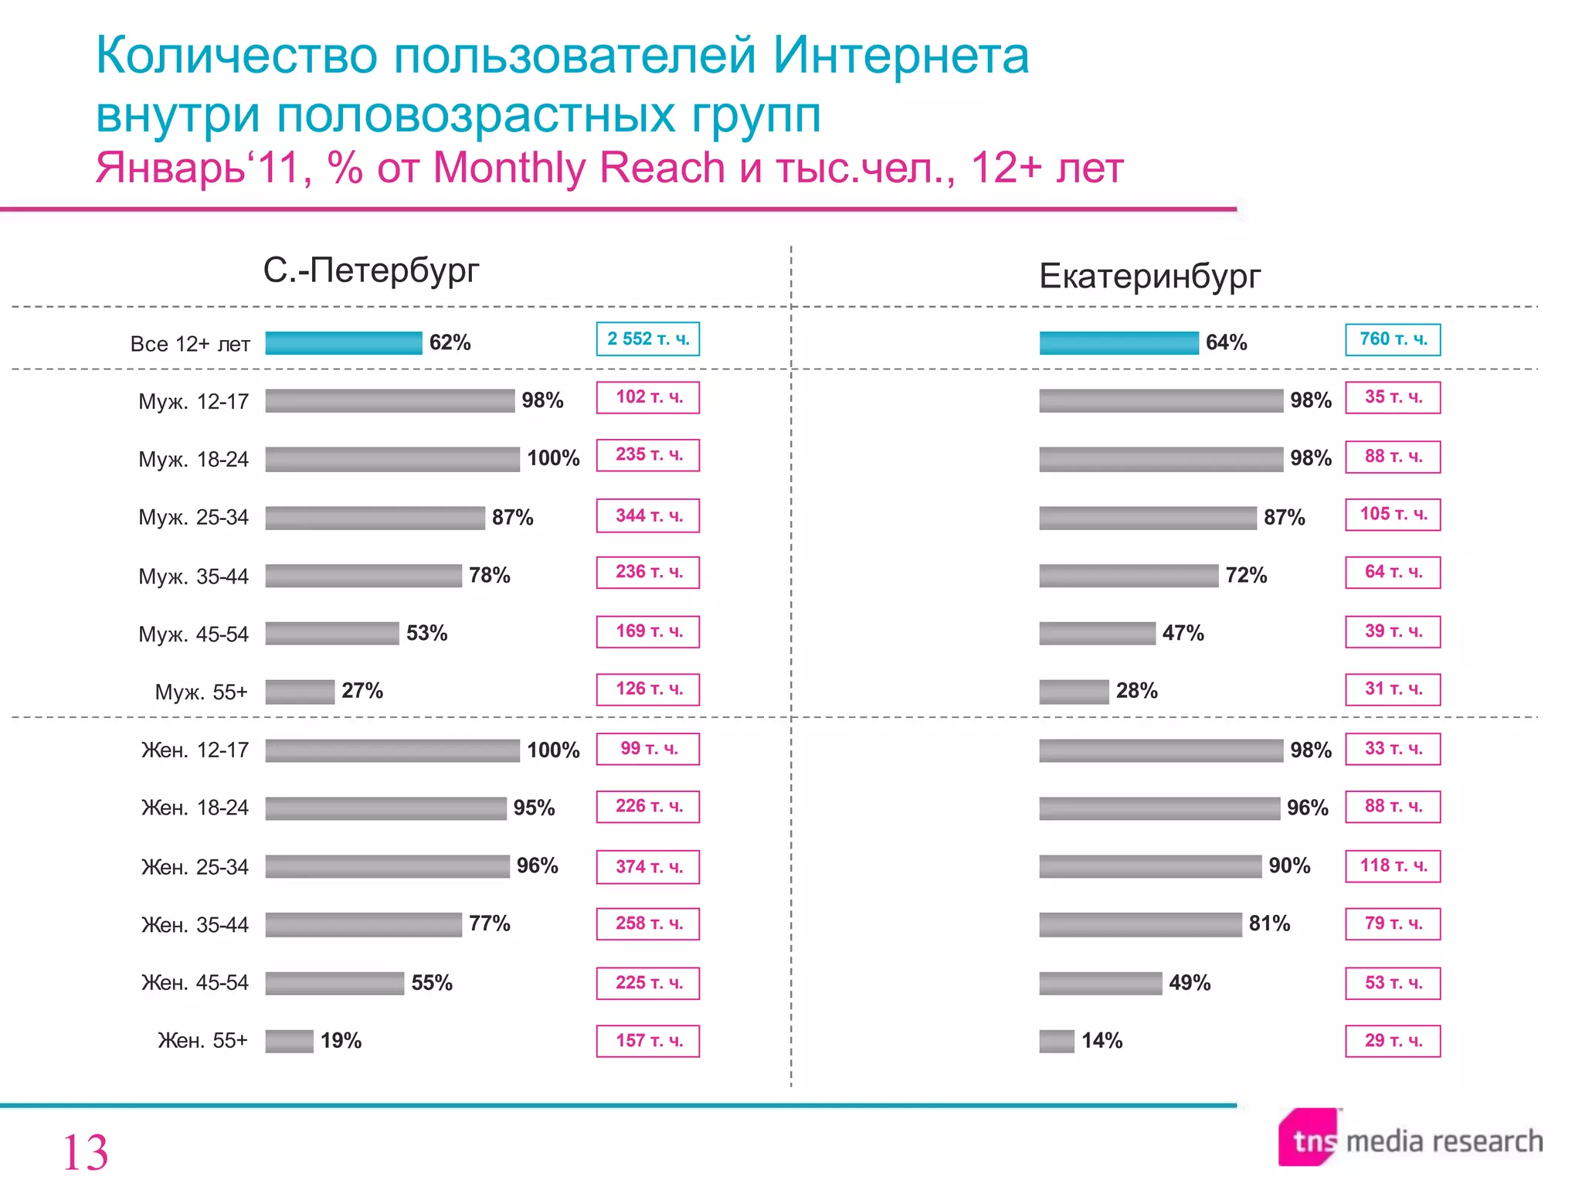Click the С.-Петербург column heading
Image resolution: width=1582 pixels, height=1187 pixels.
371,270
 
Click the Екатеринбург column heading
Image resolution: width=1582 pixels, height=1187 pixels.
1149,276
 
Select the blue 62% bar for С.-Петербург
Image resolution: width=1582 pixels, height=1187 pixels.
344,343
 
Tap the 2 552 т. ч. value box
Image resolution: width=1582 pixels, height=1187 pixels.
647,339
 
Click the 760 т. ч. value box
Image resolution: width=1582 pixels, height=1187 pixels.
1393,339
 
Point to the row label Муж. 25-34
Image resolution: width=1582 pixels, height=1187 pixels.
193,517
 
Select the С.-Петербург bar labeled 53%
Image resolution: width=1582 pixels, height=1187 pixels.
332,634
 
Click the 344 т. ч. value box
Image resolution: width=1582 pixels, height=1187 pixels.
647,516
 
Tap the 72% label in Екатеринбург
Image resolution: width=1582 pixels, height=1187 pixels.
1246,575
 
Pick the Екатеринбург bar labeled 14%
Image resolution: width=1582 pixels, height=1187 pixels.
1057,1041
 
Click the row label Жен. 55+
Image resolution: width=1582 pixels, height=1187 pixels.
202,1041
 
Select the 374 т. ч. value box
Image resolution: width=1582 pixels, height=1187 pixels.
647,867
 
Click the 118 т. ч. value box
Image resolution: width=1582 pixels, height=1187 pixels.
1393,866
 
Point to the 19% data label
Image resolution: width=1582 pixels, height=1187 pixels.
341,1041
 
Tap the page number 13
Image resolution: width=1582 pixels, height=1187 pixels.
85,1152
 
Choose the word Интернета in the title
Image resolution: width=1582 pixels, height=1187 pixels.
901,56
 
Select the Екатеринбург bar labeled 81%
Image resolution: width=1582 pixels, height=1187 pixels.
1140,924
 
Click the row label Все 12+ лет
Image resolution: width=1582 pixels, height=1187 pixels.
190,344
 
